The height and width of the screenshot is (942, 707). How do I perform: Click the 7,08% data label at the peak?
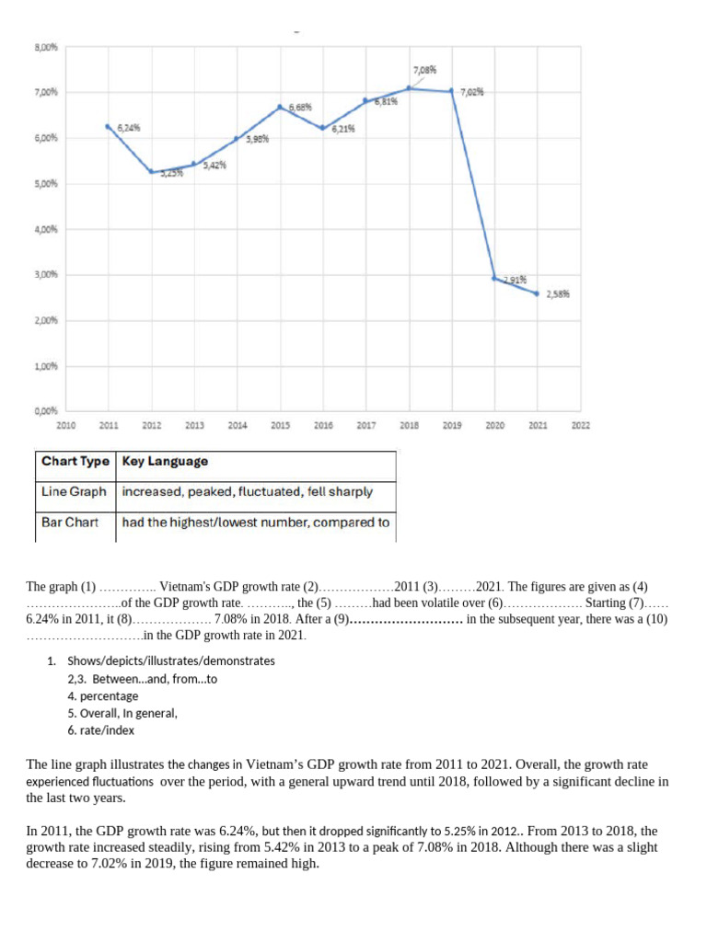pyautogui.click(x=424, y=69)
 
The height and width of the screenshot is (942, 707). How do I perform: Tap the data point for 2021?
pyautogui.click(x=537, y=293)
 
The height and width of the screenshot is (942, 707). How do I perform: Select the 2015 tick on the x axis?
pyautogui.click(x=281, y=426)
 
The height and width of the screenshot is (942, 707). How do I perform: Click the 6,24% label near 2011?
pyautogui.click(x=128, y=127)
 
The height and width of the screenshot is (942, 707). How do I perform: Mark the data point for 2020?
pyautogui.click(x=495, y=278)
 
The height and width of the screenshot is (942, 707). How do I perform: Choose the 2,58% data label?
pyautogui.click(x=557, y=294)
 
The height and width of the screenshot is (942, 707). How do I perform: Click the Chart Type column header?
pyautogui.click(x=75, y=462)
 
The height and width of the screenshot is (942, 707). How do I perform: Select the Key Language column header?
pyautogui.click(x=165, y=462)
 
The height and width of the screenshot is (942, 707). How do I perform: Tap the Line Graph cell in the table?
pyautogui.click(x=75, y=492)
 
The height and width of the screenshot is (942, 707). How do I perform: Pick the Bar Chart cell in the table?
pyautogui.click(x=70, y=523)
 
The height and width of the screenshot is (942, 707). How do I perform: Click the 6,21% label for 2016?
pyautogui.click(x=342, y=129)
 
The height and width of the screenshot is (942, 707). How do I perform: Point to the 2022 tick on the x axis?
pyautogui.click(x=581, y=426)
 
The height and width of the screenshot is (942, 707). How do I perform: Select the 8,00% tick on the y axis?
pyautogui.click(x=46, y=47)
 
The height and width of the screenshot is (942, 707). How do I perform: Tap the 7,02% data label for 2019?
pyautogui.click(x=472, y=93)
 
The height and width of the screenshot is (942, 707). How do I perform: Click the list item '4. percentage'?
pyautogui.click(x=103, y=695)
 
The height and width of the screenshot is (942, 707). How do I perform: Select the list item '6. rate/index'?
pyautogui.click(x=106, y=730)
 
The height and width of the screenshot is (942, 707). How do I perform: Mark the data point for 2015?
pyautogui.click(x=281, y=107)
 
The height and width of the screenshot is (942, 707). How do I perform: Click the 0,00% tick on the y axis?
pyautogui.click(x=46, y=411)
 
